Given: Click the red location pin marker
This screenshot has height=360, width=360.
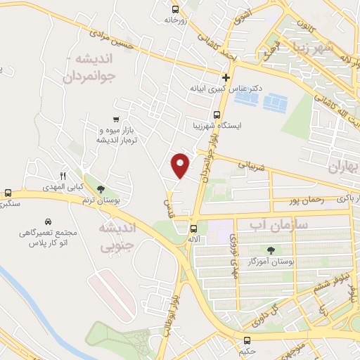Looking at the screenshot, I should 181,165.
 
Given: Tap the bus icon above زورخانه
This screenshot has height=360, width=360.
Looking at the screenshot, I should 175,9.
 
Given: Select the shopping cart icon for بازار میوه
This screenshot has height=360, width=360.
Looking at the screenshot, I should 116,119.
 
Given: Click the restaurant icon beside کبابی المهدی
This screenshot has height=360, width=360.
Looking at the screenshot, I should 63,175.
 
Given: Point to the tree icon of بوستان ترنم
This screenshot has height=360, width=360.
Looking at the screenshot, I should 102,188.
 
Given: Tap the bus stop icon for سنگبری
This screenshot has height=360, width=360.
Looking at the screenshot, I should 8,193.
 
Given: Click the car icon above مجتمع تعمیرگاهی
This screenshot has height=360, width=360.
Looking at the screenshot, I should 48,220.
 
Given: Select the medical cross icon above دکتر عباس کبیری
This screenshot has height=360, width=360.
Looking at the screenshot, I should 226,77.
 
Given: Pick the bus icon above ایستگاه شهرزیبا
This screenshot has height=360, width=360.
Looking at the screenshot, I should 217,114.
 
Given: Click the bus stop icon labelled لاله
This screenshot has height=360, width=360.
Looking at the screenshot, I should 194,228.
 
